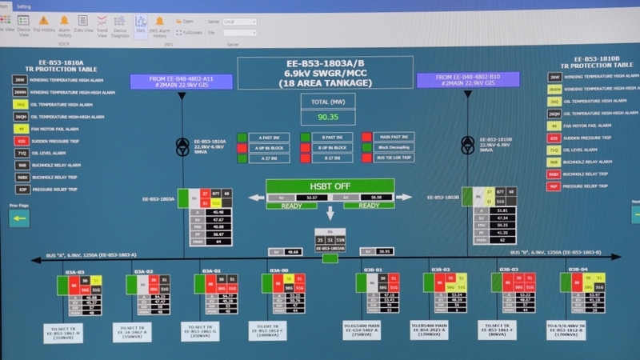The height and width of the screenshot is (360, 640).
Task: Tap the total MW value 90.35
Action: [x=327, y=117]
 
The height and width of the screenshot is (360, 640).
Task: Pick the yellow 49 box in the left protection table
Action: [x=21, y=128]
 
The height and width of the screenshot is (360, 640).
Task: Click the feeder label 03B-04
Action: [x=578, y=270]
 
